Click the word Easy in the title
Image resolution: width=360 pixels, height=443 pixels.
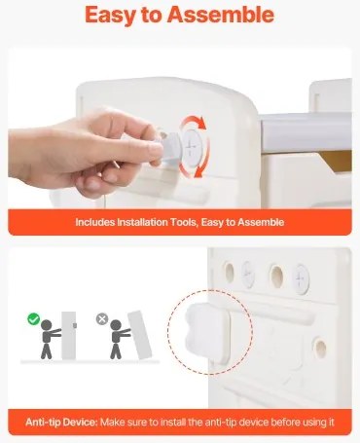click(110, 16)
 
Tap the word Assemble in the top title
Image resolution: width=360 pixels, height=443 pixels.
click(221, 15)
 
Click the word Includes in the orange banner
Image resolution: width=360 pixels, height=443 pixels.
click(95, 222)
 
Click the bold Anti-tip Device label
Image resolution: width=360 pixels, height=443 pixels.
click(61, 423)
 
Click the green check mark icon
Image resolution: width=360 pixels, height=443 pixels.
click(33, 318)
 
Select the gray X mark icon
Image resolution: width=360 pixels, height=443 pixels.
click(102, 319)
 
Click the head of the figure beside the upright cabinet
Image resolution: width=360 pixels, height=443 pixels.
click(47, 325)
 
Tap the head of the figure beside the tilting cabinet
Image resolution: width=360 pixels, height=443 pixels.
click(116, 325)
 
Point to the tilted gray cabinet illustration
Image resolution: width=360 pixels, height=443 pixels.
click(140, 335)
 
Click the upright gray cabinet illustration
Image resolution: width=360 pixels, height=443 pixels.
click(68, 336)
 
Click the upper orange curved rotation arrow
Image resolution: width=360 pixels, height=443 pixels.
click(194, 122)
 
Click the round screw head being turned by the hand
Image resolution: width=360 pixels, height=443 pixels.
click(193, 147)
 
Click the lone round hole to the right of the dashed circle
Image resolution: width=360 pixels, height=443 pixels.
click(320, 348)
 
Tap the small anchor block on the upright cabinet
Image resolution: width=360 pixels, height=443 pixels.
click(75, 325)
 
